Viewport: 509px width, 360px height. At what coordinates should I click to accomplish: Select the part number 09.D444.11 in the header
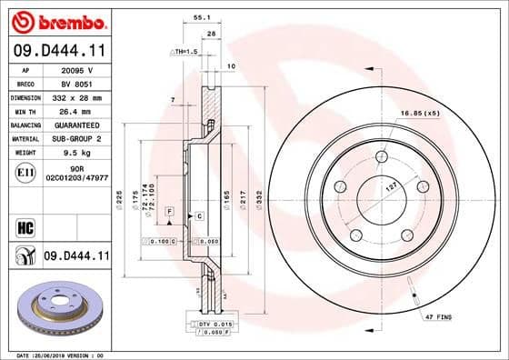pos(56,53)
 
